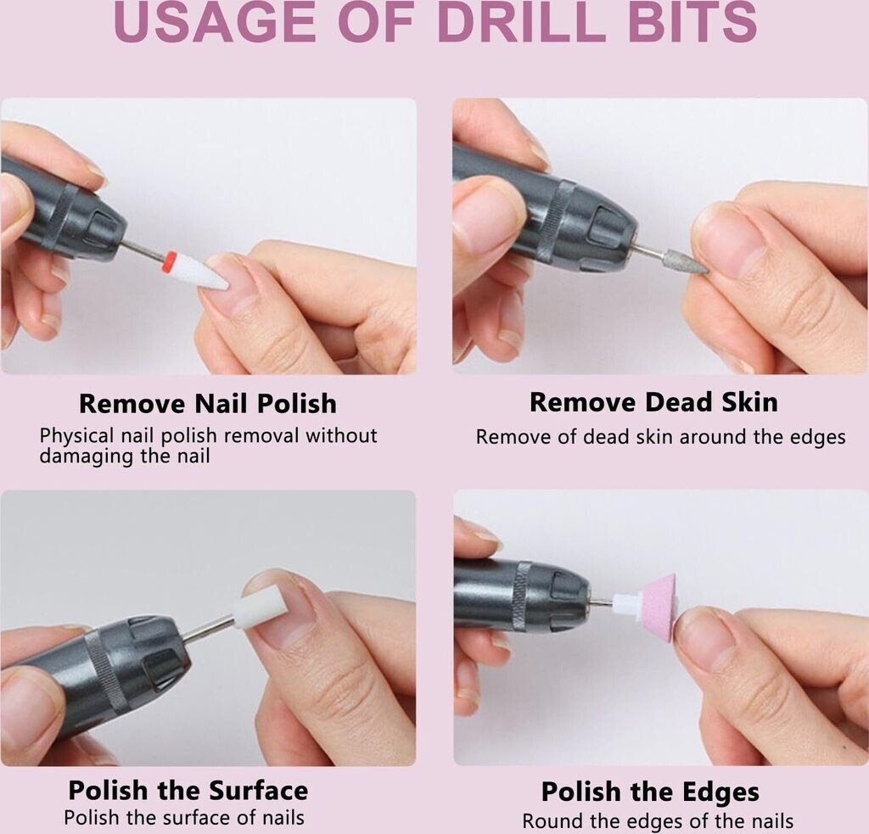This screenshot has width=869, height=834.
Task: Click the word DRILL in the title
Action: (520, 23)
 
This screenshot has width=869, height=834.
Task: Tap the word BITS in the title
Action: (692, 23)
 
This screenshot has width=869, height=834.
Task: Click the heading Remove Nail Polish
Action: (208, 403)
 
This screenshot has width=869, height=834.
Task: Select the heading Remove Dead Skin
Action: (654, 402)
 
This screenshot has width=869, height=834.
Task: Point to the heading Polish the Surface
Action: (188, 791)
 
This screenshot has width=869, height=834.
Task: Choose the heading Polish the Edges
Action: (650, 792)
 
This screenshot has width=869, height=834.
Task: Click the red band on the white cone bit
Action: (171, 261)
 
